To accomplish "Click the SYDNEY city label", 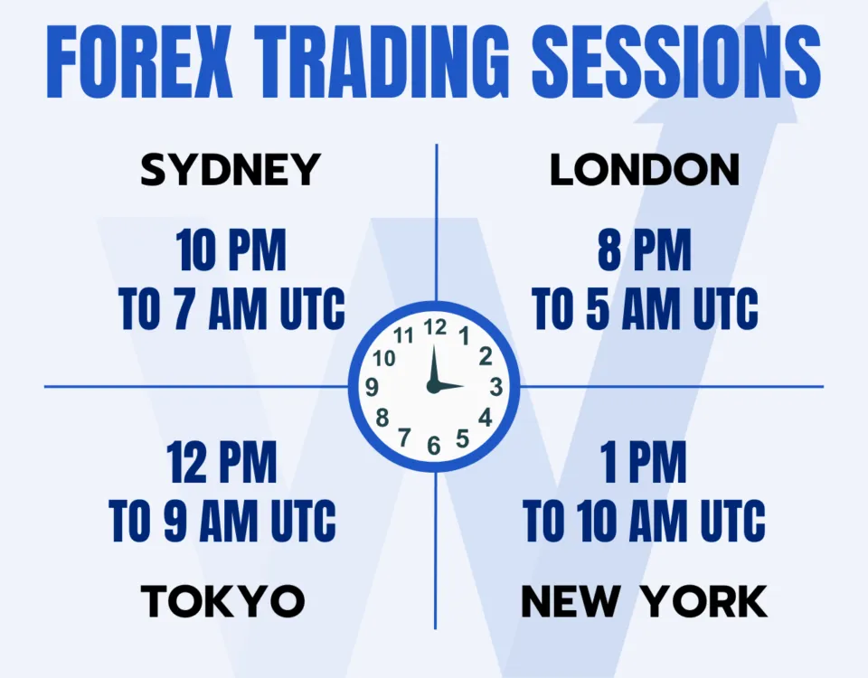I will pos(231,170).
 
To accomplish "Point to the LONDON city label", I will pos(645,170).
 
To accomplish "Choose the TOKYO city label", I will pos(222,601).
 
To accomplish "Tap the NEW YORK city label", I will pos(644,601).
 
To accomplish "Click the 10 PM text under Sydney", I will pos(231,252).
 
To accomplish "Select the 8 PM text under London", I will pos(644,252).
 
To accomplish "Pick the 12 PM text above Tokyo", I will pos(222,463).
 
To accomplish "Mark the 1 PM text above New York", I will pos(644,463).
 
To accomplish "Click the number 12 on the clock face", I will pos(435,327).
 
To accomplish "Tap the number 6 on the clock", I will pos(434,445).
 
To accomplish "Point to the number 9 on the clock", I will pos(372,387).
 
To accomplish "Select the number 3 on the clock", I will pos(495,387).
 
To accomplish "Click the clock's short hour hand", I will pos(449,386).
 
